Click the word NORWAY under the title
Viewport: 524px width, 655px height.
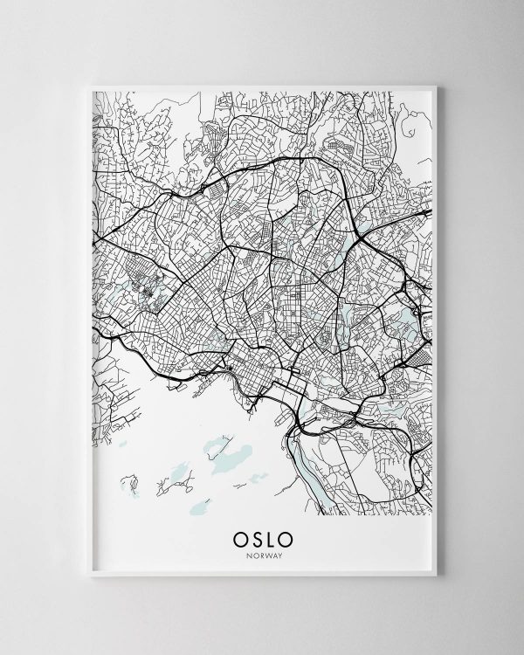[261, 548]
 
